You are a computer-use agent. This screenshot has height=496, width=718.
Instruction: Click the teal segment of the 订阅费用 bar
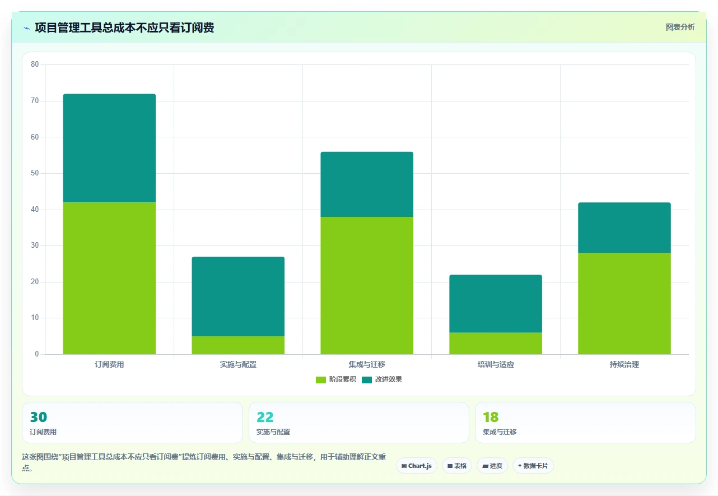pyautogui.click(x=109, y=148)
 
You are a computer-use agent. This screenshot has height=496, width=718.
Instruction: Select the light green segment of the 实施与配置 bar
pyautogui.click(x=238, y=345)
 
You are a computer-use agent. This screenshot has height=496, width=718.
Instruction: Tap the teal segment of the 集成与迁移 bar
pyautogui.click(x=367, y=184)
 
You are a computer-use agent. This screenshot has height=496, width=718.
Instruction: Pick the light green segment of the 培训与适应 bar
pyautogui.click(x=496, y=344)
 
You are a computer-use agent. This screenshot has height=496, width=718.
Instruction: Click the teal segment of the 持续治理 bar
pyautogui.click(x=624, y=228)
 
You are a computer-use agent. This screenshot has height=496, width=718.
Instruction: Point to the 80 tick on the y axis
pyautogui.click(x=35, y=64)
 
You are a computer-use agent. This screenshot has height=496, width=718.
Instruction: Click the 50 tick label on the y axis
pyautogui.click(x=35, y=173)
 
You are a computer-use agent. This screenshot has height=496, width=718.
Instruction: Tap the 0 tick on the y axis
pyautogui.click(x=37, y=354)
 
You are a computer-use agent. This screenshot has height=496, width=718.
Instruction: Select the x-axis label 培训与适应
pyautogui.click(x=496, y=364)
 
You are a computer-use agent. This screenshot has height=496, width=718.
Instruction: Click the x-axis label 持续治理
pyautogui.click(x=624, y=364)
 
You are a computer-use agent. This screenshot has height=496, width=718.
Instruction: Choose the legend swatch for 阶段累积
pyautogui.click(x=321, y=379)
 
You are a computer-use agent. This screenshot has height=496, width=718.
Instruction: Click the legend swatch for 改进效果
pyautogui.click(x=367, y=379)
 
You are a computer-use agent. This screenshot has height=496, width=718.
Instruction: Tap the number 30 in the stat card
pyautogui.click(x=39, y=417)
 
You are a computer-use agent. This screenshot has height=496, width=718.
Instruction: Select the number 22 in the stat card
pyautogui.click(x=265, y=417)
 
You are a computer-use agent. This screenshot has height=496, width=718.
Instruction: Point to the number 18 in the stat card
pyautogui.click(x=491, y=417)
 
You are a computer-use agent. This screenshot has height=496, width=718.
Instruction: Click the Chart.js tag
pyautogui.click(x=417, y=466)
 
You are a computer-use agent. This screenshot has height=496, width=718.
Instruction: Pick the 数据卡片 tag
pyautogui.click(x=533, y=466)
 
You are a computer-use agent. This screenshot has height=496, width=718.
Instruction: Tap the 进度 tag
pyautogui.click(x=492, y=466)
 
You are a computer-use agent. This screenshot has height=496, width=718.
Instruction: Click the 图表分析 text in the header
pyautogui.click(x=680, y=27)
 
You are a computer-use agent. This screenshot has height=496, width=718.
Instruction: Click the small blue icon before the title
pyautogui.click(x=27, y=28)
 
